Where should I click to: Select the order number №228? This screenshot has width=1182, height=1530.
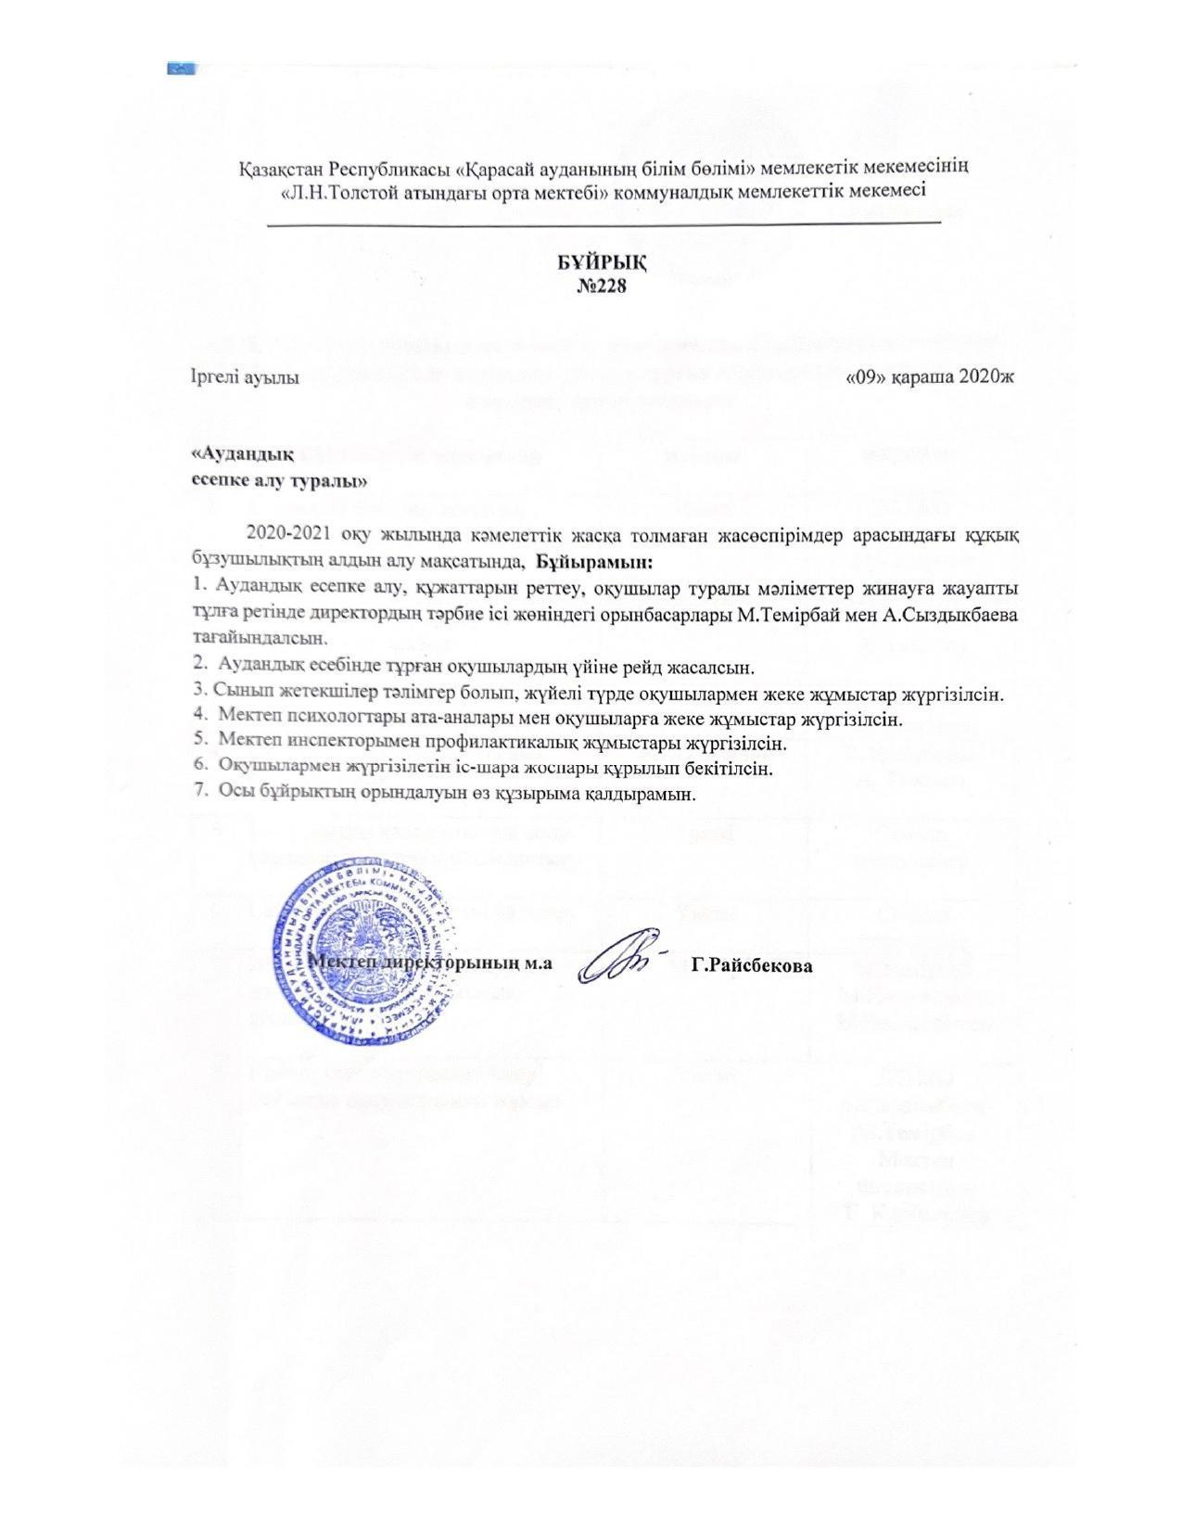pos(602,286)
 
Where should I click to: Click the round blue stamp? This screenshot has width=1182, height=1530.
pos(364,951)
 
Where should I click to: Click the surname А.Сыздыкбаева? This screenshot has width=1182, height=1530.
pos(961,615)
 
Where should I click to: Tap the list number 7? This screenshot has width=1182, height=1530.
pos(197,794)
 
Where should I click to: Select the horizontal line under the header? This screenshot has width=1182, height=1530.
pos(604,223)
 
